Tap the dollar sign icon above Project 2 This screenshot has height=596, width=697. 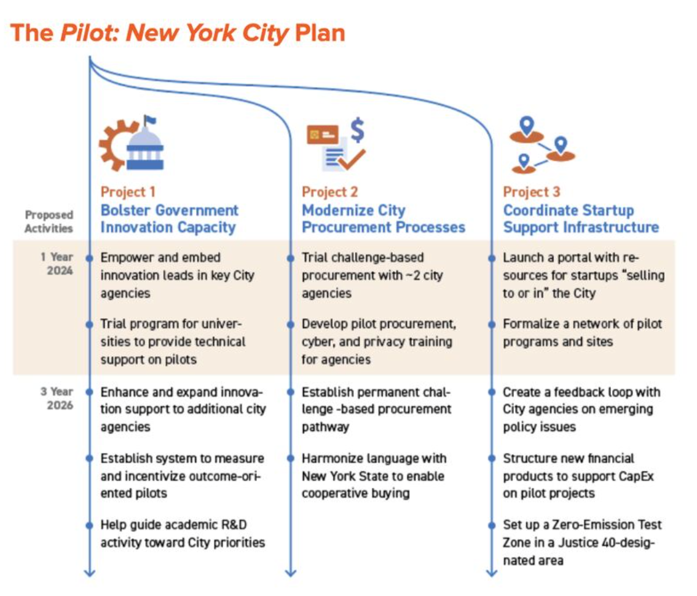click(x=357, y=130)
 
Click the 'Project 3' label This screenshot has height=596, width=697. click(x=532, y=192)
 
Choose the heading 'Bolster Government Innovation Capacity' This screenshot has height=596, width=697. click(x=169, y=219)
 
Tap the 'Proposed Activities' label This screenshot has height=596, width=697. click(x=49, y=221)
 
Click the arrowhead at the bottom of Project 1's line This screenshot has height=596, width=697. click(x=90, y=573)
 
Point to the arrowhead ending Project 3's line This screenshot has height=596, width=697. click(x=492, y=573)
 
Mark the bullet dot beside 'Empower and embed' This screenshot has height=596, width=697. click(x=90, y=257)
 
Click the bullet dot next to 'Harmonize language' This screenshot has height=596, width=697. click(x=291, y=458)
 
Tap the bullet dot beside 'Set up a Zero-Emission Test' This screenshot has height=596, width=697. click(x=492, y=525)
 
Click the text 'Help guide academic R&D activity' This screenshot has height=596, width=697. click(x=183, y=533)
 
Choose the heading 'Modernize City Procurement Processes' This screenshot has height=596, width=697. click(x=383, y=219)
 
